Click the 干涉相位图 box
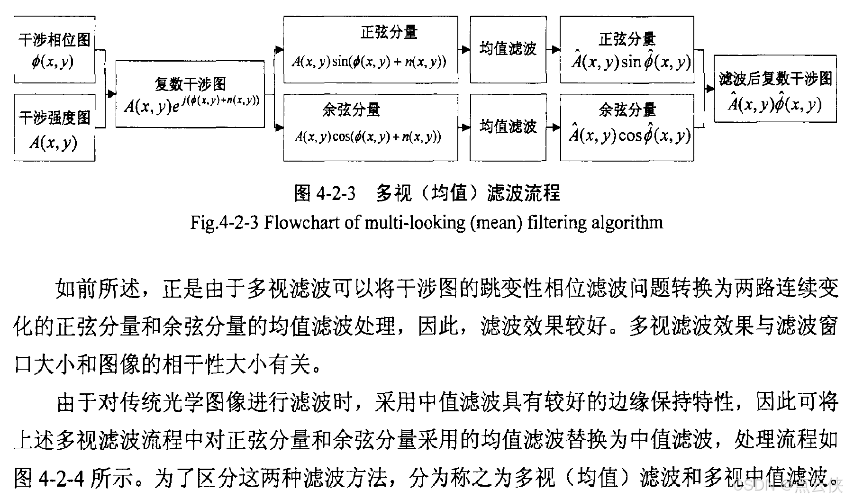click(x=55, y=50)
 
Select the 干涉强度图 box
click(x=55, y=127)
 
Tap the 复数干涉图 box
click(x=190, y=94)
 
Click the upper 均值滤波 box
click(x=508, y=49)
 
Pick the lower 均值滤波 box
click(x=508, y=127)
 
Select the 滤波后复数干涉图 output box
click(x=775, y=89)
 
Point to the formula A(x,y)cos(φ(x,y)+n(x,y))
click(x=368, y=137)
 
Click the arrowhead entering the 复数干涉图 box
click(x=112, y=94)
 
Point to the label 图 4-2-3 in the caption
click(x=324, y=193)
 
